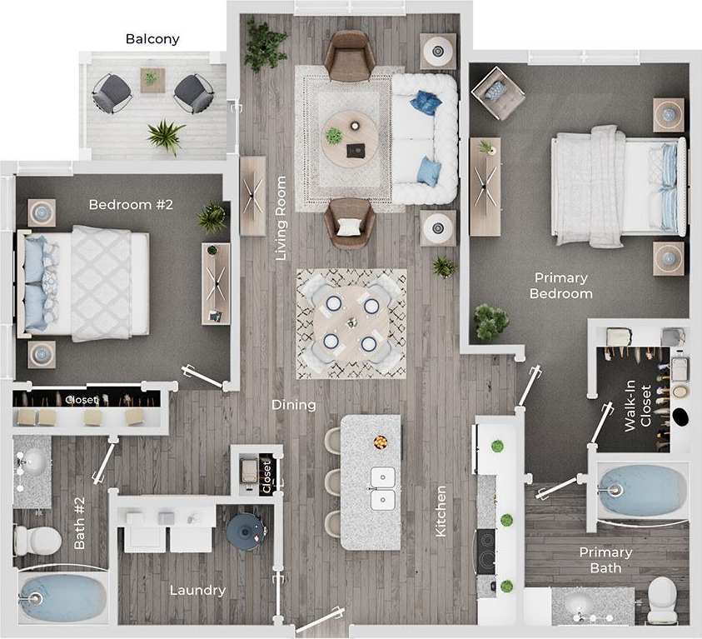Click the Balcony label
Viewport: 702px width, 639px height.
pyautogui.click(x=152, y=39)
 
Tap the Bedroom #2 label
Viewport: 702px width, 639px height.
pyautogui.click(x=131, y=204)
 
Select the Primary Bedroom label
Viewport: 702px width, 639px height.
pyautogui.click(x=561, y=286)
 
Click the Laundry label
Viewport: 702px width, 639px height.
pyautogui.click(x=197, y=591)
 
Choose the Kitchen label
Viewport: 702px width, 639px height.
pyautogui.click(x=441, y=511)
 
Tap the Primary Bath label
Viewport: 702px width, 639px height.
pyautogui.click(x=605, y=560)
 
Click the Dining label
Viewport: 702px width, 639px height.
pyautogui.click(x=294, y=406)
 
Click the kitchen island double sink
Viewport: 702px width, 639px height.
pyautogui.click(x=383, y=489)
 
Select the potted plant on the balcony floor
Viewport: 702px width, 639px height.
pyautogui.click(x=166, y=135)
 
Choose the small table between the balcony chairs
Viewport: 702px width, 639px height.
pyautogui.click(x=152, y=80)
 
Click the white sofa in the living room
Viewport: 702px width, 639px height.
pyautogui.click(x=424, y=139)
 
